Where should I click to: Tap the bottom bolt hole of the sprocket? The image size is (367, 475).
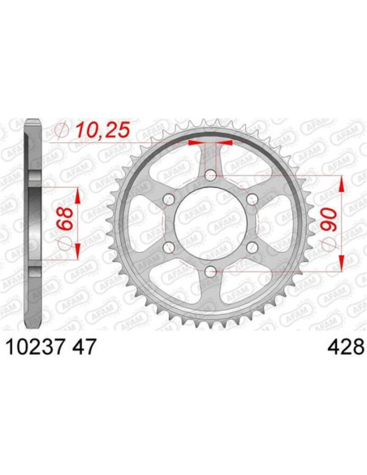(209, 271)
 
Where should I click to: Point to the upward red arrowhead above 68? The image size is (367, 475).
(78, 196)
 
